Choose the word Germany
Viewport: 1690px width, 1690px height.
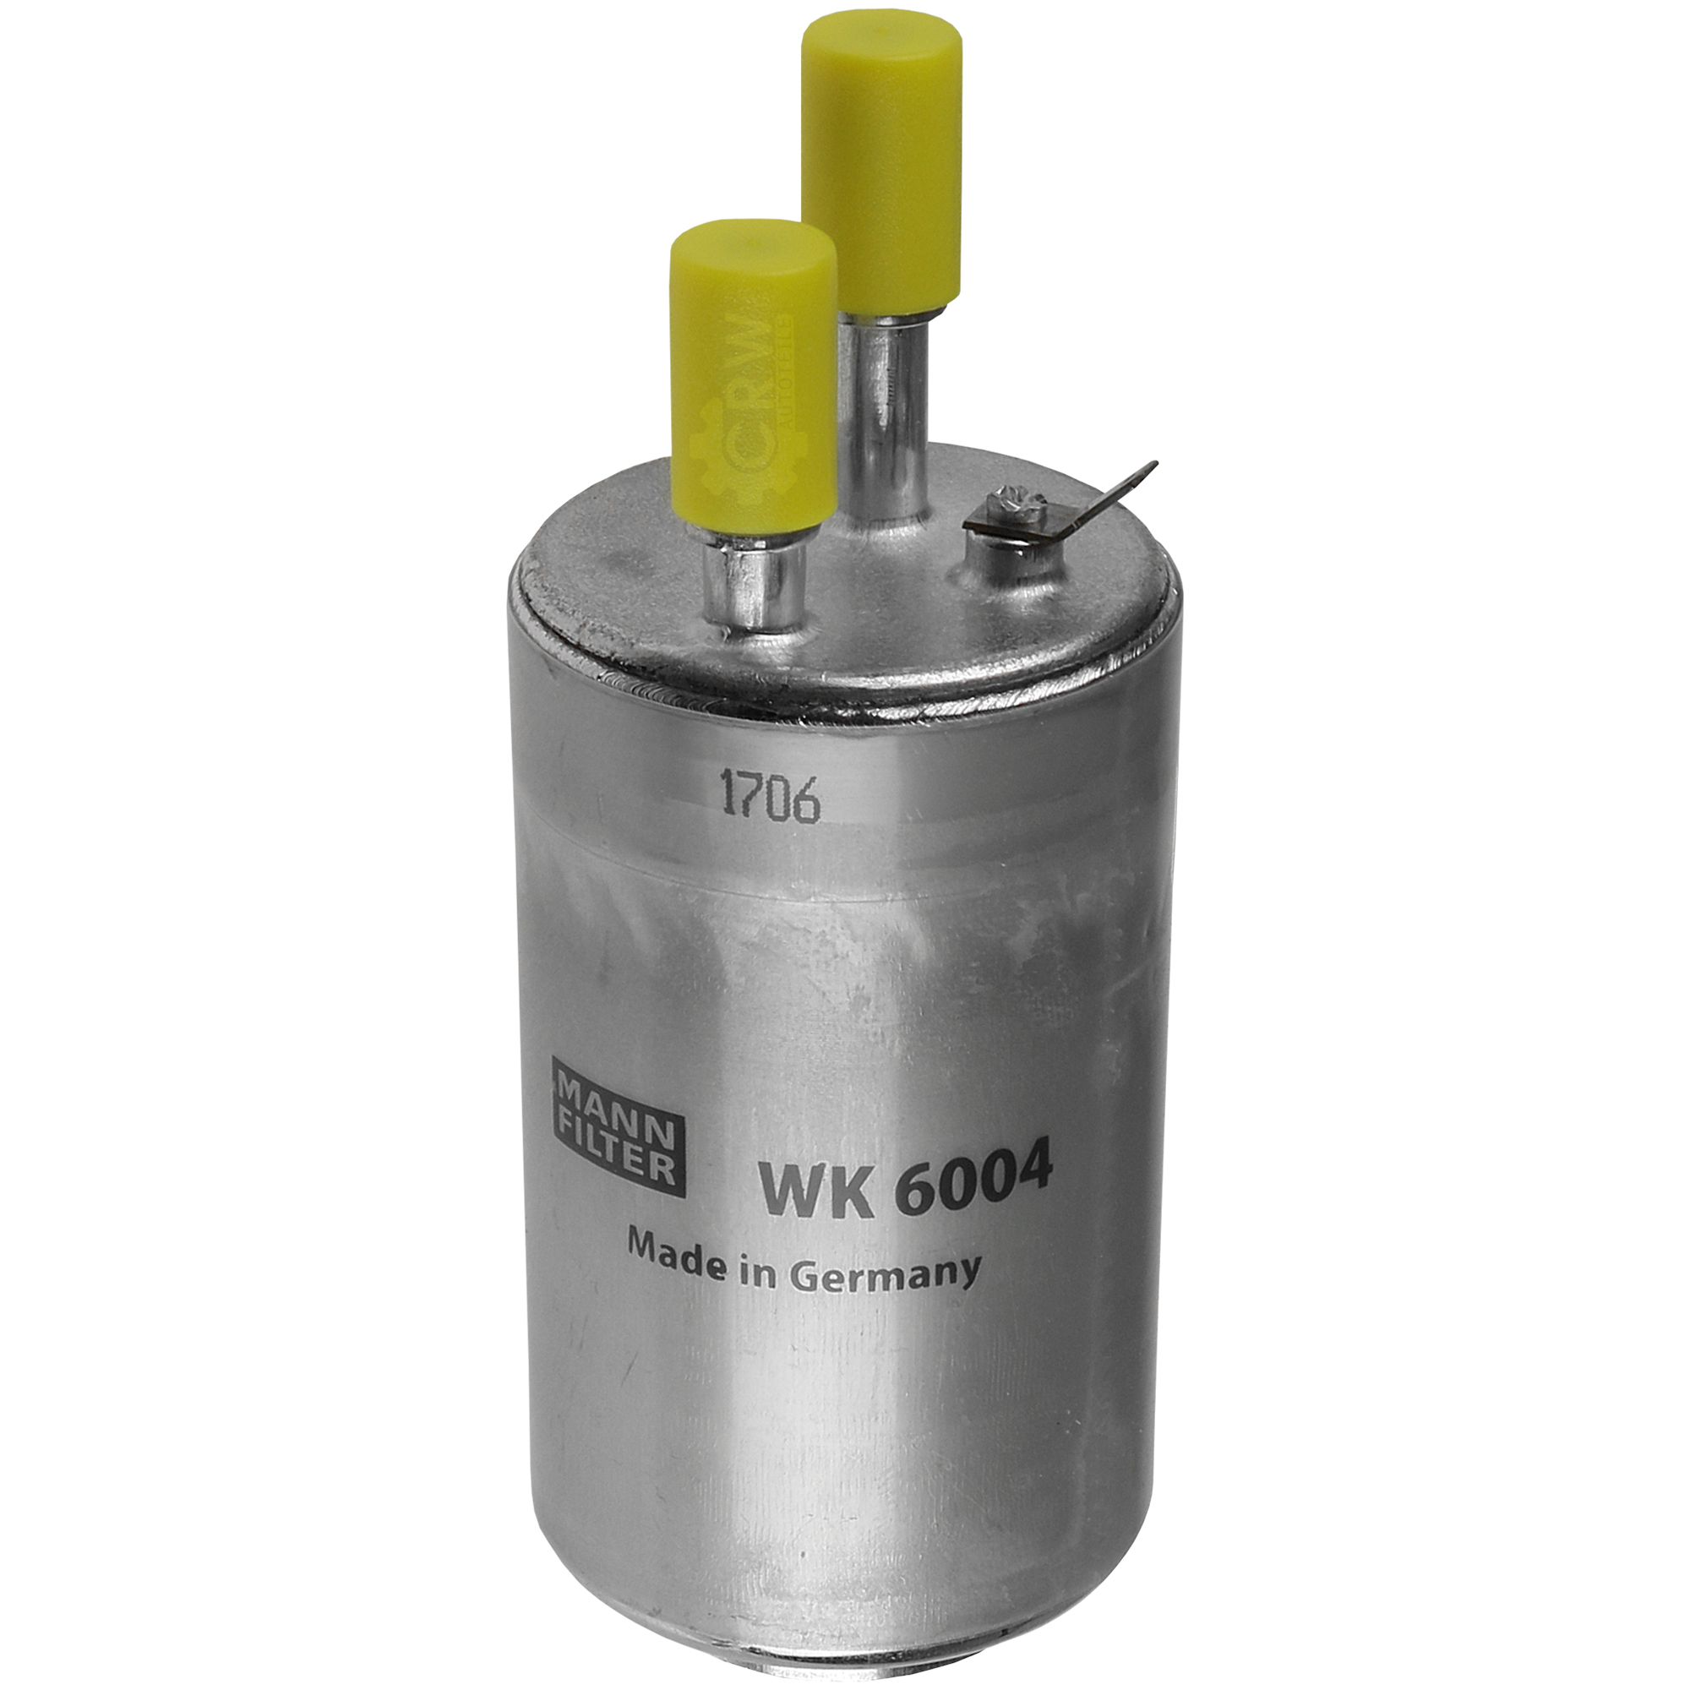(x=885, y=1273)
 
